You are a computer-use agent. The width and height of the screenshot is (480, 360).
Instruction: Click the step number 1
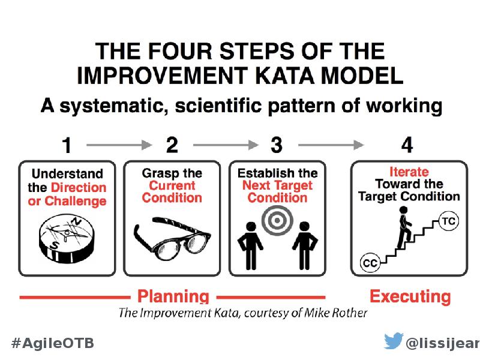tap(67, 145)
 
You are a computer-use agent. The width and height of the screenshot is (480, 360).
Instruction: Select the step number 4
tap(407, 145)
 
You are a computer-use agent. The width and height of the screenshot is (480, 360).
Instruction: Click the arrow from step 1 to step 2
tap(119, 145)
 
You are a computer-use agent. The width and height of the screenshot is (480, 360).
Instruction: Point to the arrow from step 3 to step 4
tap(331, 145)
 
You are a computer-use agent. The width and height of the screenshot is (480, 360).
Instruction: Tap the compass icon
tap(67, 239)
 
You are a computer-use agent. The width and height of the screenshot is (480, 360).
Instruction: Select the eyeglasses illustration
tap(172, 238)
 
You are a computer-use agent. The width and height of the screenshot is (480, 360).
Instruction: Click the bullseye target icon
tap(277, 220)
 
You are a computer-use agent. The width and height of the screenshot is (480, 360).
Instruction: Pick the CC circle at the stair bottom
tap(370, 263)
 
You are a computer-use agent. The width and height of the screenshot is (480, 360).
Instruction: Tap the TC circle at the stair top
tap(449, 221)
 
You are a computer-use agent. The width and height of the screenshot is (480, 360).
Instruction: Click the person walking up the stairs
tap(404, 227)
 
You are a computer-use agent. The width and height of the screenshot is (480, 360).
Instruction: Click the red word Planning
tap(173, 296)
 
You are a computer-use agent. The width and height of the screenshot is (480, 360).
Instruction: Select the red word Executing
tap(410, 296)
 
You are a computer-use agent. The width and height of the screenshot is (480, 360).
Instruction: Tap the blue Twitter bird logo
tap(394, 340)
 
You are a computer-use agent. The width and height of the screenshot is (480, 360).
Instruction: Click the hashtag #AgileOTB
tap(53, 343)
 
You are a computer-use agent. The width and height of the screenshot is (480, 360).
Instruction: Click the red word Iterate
tap(409, 172)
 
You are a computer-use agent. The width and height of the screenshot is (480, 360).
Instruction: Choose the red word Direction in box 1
tap(79, 187)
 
